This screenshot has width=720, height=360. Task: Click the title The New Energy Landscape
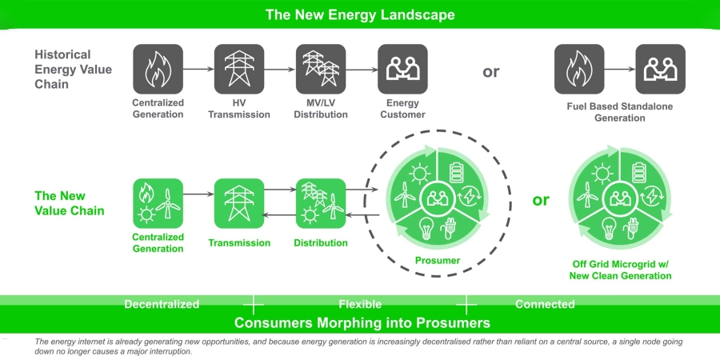(360, 14)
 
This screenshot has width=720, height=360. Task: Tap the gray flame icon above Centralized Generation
(158, 69)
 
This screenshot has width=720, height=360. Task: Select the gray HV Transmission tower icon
(239, 69)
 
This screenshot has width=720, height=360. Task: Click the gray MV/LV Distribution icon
(321, 69)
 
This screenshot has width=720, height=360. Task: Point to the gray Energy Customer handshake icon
(402, 69)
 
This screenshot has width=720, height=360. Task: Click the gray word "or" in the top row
(491, 72)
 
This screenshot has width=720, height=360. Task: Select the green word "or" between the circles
(541, 201)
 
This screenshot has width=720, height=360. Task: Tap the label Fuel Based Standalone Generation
(620, 112)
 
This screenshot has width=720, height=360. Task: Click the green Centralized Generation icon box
(158, 203)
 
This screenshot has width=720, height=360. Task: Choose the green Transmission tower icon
(239, 203)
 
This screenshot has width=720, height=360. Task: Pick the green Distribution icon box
(321, 203)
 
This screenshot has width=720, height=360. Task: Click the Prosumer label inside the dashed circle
(438, 261)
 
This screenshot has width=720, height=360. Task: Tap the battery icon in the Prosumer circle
(457, 172)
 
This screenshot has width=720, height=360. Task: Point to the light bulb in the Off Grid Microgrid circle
(609, 228)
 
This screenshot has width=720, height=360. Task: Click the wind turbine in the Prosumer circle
(405, 194)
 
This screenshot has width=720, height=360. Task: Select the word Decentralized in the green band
(162, 304)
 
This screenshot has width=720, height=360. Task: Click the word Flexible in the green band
(360, 304)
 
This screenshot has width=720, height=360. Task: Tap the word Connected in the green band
(545, 304)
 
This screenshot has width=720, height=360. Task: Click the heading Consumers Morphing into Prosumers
(362, 323)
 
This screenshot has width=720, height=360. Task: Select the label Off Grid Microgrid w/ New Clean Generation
(620, 270)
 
